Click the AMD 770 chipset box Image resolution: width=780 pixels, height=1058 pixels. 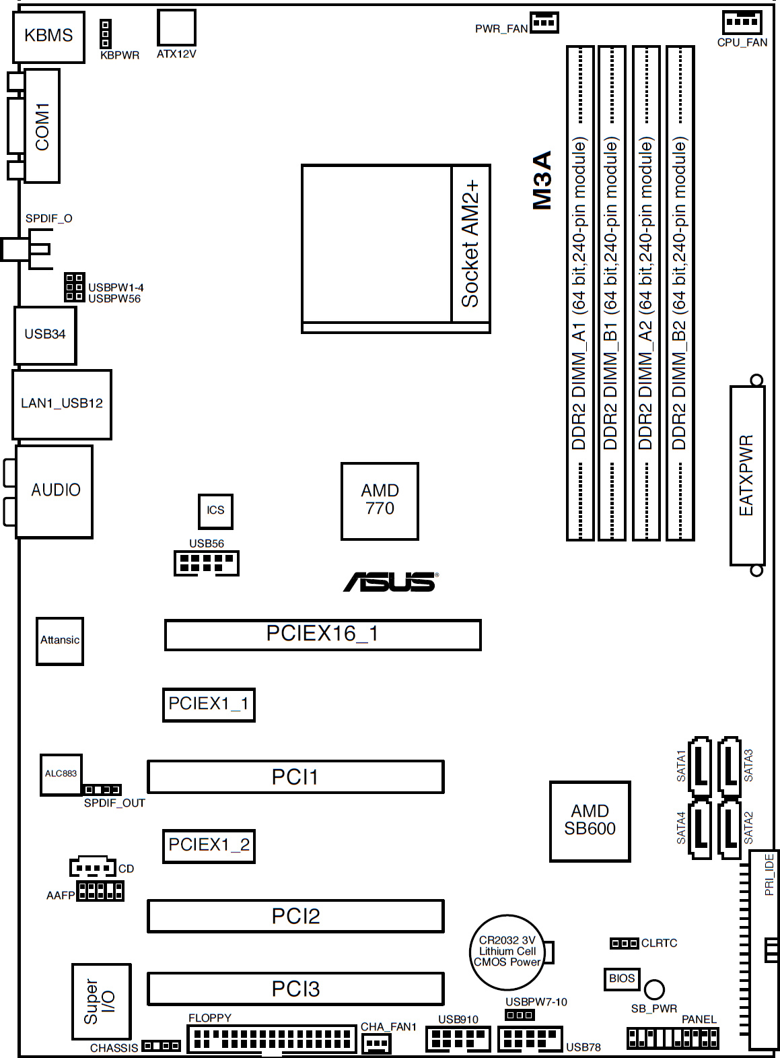[380, 501]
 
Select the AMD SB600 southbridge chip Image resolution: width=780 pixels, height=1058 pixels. [590, 821]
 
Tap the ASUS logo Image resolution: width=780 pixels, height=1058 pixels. [390, 582]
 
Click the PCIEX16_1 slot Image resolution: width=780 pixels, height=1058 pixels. [322, 635]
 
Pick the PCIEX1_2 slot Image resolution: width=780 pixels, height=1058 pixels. [209, 846]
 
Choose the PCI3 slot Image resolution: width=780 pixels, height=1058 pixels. [295, 989]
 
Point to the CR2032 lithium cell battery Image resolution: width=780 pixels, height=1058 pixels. [507, 952]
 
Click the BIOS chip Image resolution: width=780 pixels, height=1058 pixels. [621, 979]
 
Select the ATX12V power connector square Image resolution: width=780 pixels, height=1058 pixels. [176, 28]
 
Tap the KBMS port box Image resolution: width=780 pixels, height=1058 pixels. [48, 37]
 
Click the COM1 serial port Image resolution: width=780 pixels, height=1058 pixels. [42, 126]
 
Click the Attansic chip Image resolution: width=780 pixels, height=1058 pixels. [60, 641]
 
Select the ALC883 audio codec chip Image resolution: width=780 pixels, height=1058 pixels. [61, 774]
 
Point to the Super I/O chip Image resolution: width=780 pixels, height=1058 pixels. [101, 1001]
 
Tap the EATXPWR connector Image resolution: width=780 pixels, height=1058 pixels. [747, 475]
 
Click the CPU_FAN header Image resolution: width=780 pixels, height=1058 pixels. [742, 23]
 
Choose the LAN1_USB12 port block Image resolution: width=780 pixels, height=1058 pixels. [62, 404]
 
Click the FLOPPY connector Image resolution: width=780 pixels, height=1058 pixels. [271, 1039]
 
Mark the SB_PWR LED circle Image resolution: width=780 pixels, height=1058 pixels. [654, 989]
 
